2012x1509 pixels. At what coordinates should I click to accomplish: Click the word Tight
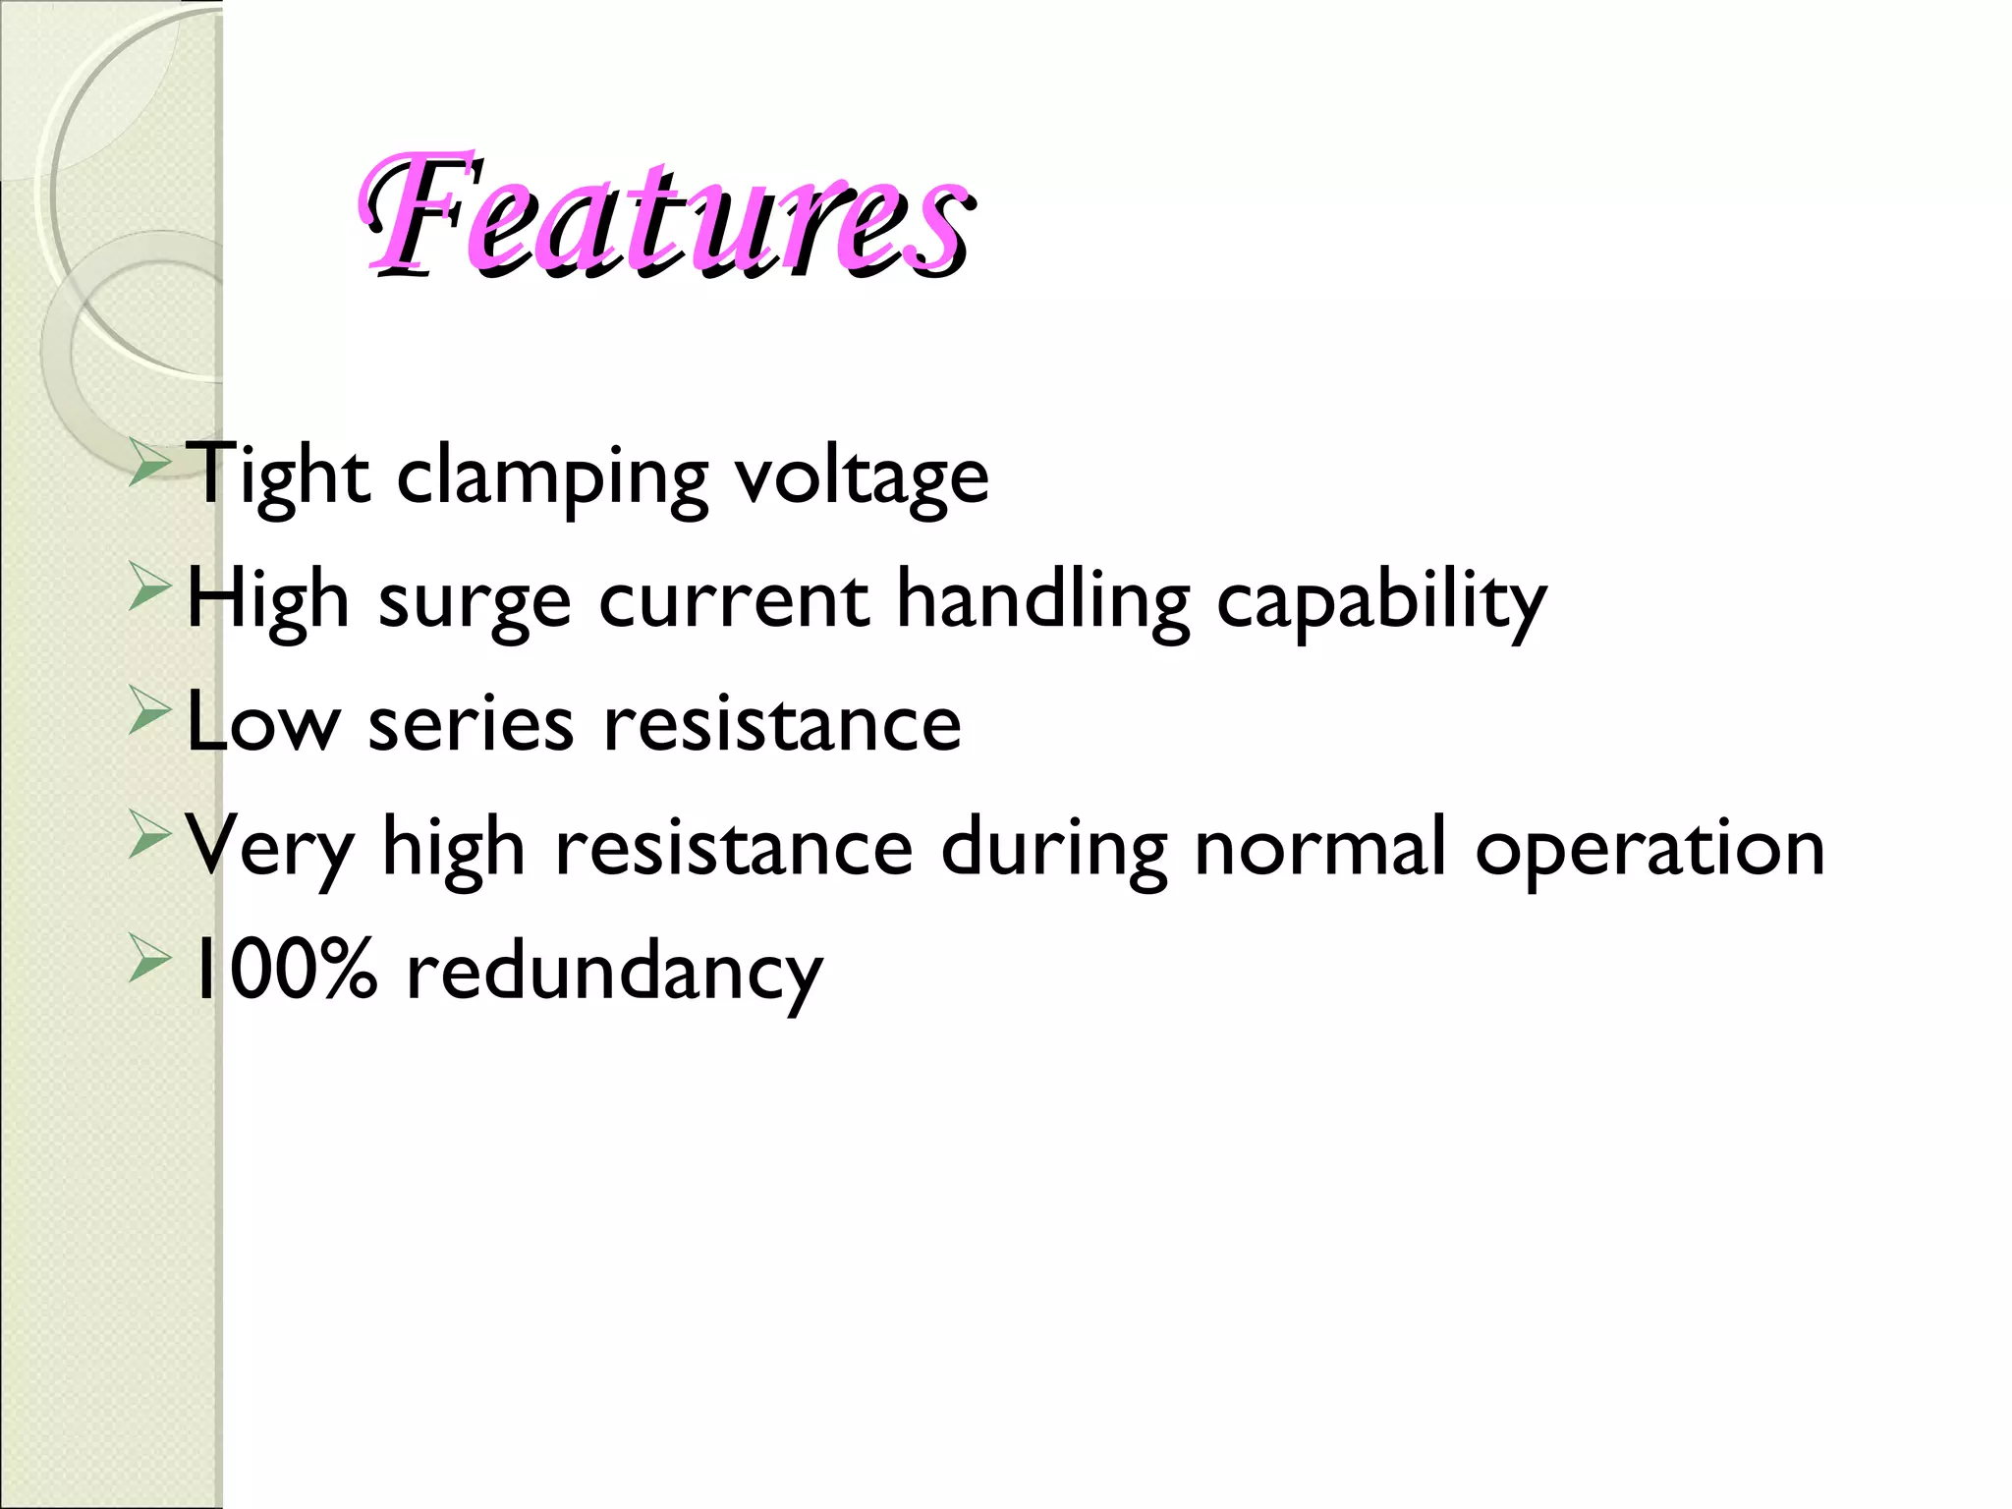click(x=278, y=475)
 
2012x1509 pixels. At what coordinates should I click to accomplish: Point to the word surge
click(x=475, y=602)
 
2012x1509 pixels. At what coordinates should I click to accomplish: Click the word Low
click(x=261, y=723)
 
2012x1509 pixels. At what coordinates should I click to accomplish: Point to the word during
click(x=1054, y=849)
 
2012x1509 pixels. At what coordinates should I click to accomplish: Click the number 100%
click(x=283, y=971)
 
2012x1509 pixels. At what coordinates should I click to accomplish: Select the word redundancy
click(x=614, y=973)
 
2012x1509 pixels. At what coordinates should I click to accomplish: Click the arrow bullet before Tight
click(x=150, y=464)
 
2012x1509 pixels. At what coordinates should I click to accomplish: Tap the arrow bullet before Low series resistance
click(x=150, y=712)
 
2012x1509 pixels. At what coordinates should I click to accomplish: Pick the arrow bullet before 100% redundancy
click(x=150, y=961)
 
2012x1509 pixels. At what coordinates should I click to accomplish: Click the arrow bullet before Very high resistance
click(x=150, y=837)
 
